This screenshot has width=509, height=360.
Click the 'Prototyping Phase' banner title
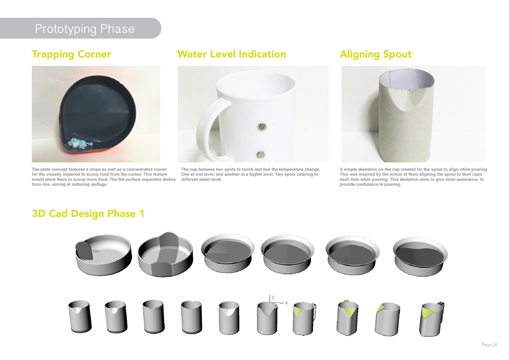coord(85,29)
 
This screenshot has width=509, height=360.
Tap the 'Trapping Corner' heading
coord(71,54)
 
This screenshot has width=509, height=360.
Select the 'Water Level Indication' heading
coord(232,54)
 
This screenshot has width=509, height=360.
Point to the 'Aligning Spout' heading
coord(376,54)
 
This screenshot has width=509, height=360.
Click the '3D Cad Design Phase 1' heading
coord(88,213)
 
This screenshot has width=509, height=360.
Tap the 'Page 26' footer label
coord(489,345)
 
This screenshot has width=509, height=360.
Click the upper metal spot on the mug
coord(262,127)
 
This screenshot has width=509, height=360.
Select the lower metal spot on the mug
coord(261,155)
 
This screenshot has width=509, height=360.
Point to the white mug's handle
coord(205,124)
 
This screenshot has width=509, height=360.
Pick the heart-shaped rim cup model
coord(191,317)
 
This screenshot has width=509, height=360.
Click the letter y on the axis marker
coord(273,297)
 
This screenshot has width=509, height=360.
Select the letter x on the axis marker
coord(286,303)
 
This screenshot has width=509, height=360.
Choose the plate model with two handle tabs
coord(165,255)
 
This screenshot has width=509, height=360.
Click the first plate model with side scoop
coord(103,254)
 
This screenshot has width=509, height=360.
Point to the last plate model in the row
coord(420,256)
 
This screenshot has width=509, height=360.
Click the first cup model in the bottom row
coord(80,316)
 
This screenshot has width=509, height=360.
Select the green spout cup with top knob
coord(348,317)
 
